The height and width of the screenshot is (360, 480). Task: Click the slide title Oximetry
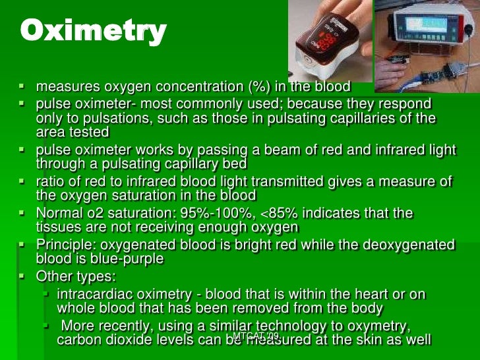(93, 32)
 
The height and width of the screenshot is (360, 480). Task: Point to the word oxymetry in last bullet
(379, 326)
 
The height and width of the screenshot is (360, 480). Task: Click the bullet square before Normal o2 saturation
(22, 212)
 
